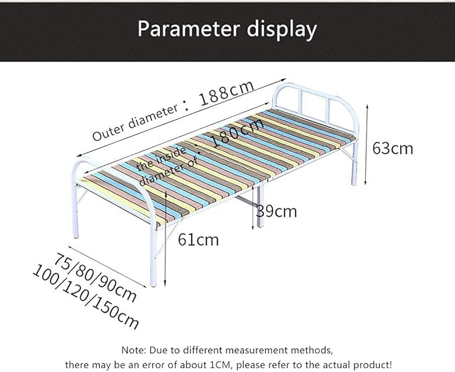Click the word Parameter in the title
188,29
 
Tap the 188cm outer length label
227,93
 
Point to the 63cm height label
392,149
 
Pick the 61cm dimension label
198,240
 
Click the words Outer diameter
135,122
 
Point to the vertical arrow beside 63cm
367,145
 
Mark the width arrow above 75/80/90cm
107,267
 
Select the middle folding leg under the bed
261,206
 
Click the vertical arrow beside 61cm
165,238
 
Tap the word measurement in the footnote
257,350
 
